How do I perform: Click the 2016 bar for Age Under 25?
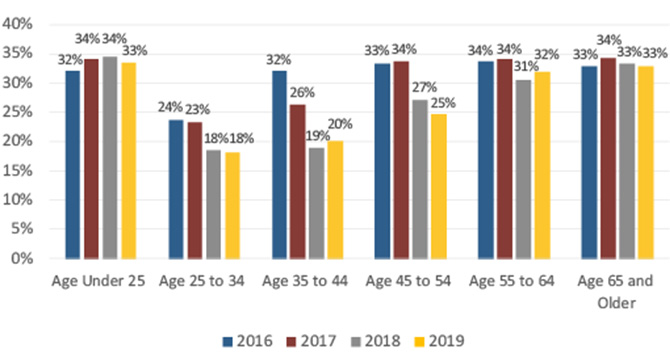point(73,165)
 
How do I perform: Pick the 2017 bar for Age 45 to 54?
point(401,160)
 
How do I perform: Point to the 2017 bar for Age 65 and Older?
point(605,159)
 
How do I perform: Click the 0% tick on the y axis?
point(23,258)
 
